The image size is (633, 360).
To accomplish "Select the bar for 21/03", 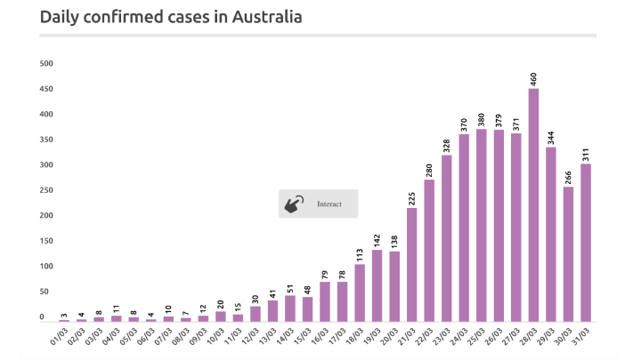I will click(x=412, y=264).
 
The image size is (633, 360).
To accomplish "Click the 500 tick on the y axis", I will click(x=47, y=64).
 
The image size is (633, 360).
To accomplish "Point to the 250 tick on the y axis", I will click(x=47, y=190).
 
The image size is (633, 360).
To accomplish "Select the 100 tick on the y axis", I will click(x=47, y=267).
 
